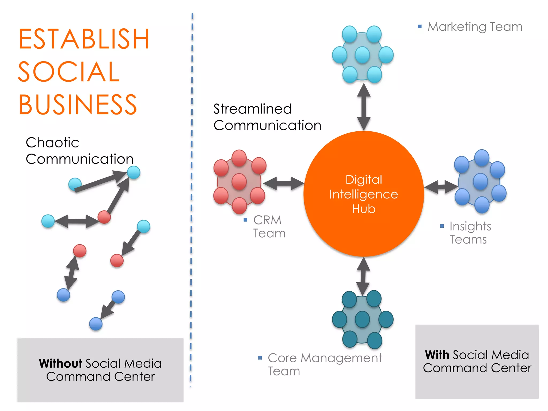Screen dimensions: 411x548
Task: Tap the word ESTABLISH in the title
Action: click(x=83, y=39)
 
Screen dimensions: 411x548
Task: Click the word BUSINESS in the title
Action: click(x=78, y=105)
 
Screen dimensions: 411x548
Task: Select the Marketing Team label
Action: click(x=475, y=27)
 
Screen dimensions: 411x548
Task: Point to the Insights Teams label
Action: click(x=470, y=233)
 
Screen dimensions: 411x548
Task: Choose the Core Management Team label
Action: click(x=324, y=364)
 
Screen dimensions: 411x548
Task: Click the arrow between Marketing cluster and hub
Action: click(x=364, y=107)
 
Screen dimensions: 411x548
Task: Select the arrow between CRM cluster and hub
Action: click(x=284, y=184)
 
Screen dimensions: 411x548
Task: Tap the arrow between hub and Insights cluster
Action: click(x=441, y=187)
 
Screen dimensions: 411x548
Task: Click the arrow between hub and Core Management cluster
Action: click(x=363, y=276)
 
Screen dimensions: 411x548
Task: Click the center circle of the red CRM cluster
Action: click(x=239, y=182)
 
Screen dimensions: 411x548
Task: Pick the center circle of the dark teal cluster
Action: click(x=362, y=319)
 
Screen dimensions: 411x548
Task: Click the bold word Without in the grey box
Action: click(x=60, y=363)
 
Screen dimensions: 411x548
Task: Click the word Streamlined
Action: click(x=252, y=109)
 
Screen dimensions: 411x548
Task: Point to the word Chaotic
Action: click(x=52, y=142)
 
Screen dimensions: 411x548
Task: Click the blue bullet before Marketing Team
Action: click(x=420, y=26)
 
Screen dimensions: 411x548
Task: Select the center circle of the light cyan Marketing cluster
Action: click(x=362, y=55)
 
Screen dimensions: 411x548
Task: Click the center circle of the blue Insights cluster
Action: click(x=480, y=181)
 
